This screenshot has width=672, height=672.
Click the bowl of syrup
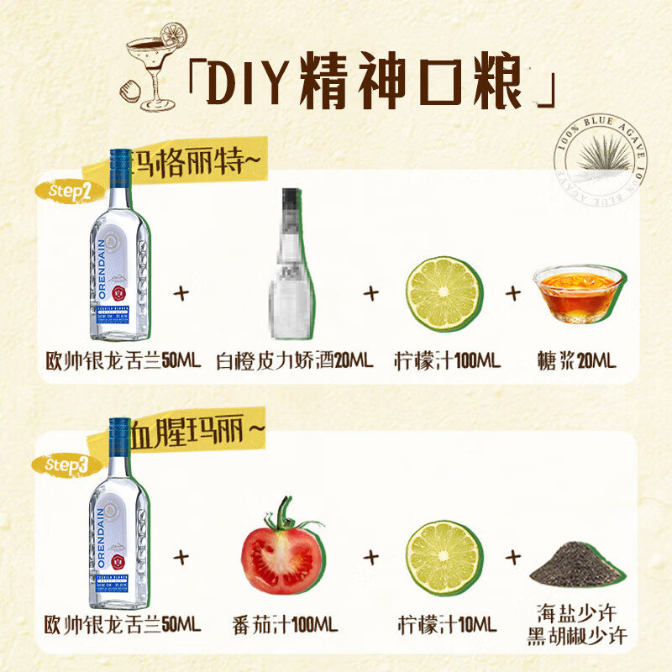coord(577,294)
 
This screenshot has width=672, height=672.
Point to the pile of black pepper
coord(576,565)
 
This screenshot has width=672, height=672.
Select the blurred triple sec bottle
coord(292,260)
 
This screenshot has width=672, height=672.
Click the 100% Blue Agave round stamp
coord(601,167)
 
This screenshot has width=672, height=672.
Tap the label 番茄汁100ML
coord(285,626)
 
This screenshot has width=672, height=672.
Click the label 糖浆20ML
coord(576,361)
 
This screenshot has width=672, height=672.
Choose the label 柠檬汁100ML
coord(446,361)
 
